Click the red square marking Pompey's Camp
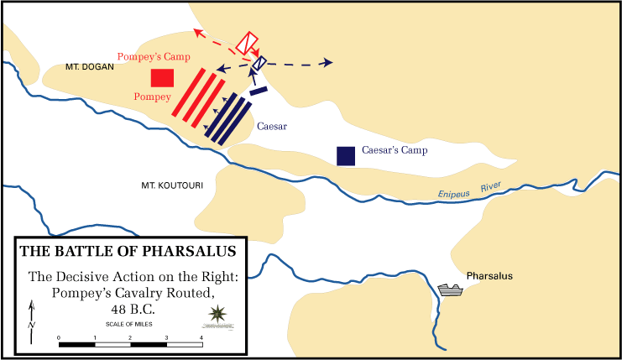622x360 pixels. tap(162, 78)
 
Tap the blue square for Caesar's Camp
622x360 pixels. tap(344, 155)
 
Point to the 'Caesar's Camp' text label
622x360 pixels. tap(395, 151)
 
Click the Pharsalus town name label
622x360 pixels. tap(489, 276)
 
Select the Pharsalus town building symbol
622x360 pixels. tap(451, 290)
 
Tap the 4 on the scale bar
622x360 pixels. tap(201, 337)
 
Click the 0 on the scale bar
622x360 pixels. tap(59, 337)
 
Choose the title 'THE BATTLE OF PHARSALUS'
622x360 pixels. tap(128, 251)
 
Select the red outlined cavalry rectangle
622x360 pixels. tap(248, 43)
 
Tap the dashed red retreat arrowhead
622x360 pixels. tap(197, 32)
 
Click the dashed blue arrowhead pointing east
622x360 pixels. tap(329, 63)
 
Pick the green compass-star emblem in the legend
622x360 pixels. tap(217, 315)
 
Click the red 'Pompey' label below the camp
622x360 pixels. tap(151, 97)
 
